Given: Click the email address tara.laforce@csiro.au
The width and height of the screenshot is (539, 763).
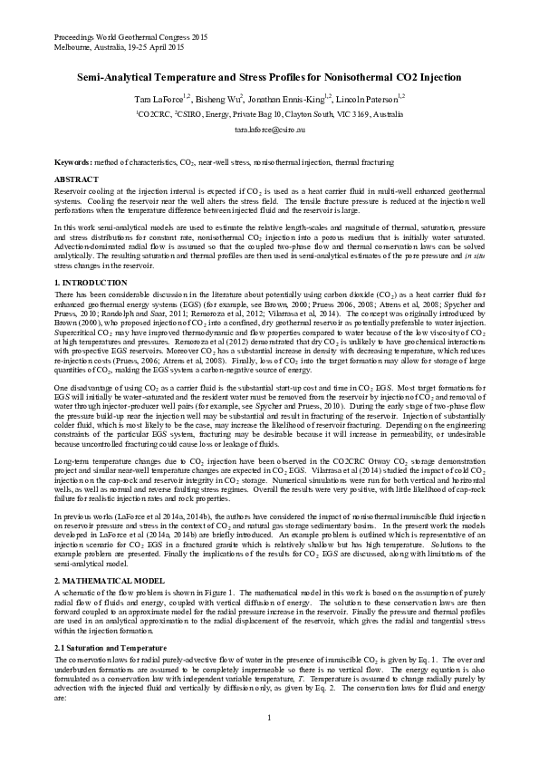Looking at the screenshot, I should tap(269, 130).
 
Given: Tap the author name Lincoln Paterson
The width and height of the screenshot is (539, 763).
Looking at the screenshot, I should tap(369, 97).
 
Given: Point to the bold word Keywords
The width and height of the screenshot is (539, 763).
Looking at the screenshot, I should tap(72, 162).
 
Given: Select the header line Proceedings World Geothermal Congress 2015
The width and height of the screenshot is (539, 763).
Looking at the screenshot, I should tap(130, 37).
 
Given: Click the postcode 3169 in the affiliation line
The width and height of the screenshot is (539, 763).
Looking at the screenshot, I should tap(350, 115).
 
